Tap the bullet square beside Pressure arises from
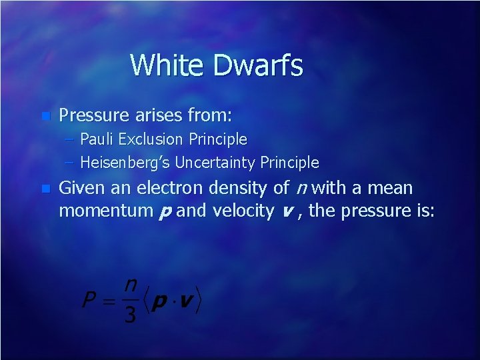pos(45,116)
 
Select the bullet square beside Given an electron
pos(45,189)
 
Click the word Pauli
pos(99,139)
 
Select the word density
pos(247,189)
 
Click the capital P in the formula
pos(89,299)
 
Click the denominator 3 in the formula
pos(130,314)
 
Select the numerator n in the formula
pos(131,285)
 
